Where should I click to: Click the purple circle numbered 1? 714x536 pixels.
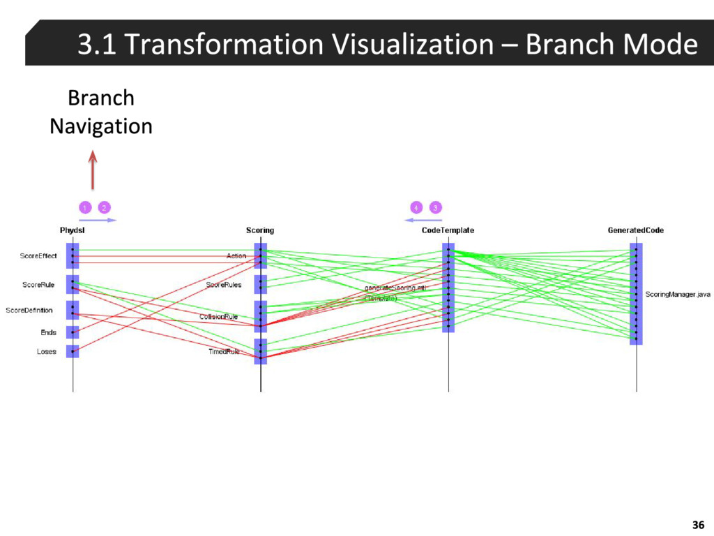(x=84, y=207)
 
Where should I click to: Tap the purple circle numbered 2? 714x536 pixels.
(x=104, y=207)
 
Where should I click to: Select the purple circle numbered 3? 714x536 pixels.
(x=435, y=207)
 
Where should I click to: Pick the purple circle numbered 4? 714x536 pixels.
(x=416, y=207)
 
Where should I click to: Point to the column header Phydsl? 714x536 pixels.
(x=73, y=230)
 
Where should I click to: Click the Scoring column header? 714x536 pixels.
(x=260, y=230)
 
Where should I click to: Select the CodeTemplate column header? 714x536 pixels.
(x=448, y=230)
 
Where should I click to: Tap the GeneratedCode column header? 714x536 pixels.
(x=635, y=230)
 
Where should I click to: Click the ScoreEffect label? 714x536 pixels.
(x=38, y=256)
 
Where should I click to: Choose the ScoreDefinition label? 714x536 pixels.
(x=29, y=310)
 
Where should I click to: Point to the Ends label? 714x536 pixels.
(x=48, y=333)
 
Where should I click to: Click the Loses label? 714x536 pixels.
(x=46, y=352)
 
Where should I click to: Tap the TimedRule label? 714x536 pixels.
(x=224, y=352)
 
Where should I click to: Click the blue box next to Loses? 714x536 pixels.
(x=73, y=351)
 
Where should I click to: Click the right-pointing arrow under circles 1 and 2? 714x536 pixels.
(x=97, y=220)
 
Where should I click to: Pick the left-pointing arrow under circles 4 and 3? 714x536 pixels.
(x=423, y=220)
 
